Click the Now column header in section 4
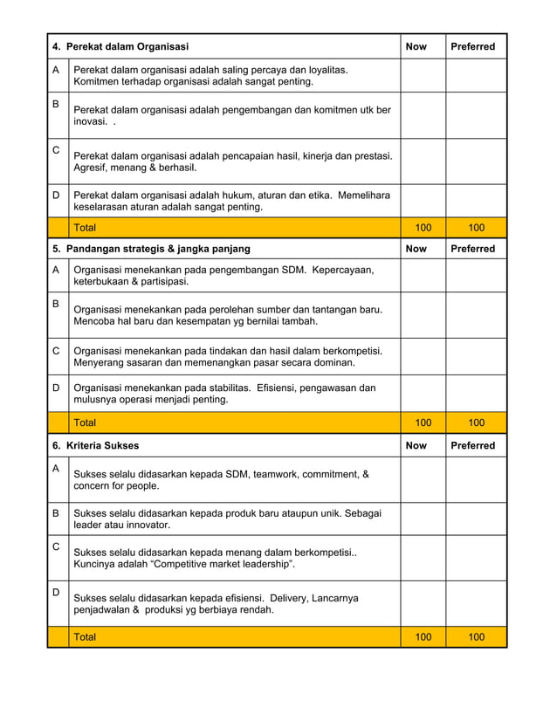[x=416, y=47]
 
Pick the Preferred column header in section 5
[x=472, y=249]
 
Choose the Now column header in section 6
[x=416, y=445]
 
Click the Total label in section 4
[x=86, y=228]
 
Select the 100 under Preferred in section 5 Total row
[x=476, y=422]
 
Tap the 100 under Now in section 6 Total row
[x=423, y=637]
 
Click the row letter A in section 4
[x=56, y=70]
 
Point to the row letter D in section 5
[x=56, y=388]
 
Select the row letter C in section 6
[x=56, y=546]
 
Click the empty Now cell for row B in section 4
[x=423, y=115]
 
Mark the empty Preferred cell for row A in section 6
[x=476, y=479]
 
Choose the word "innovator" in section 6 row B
[x=145, y=525]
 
